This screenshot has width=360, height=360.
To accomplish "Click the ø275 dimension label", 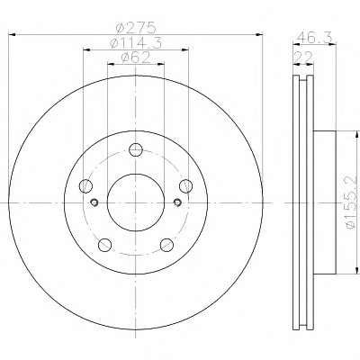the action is [136, 28].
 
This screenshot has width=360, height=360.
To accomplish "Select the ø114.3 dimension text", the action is [136, 43].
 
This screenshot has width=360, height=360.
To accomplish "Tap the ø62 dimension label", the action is [136, 58].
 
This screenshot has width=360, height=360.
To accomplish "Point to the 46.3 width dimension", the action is [315, 38].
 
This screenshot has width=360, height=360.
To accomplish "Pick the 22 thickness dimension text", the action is [303, 57].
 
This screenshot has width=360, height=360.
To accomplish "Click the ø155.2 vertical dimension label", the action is [352, 202].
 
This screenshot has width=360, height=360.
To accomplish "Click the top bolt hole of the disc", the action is [136, 149].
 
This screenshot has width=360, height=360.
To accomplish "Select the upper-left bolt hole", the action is [85, 185].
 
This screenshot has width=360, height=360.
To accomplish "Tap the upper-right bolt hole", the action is [186, 185].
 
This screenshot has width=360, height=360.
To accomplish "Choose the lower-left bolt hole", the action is [104, 245].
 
